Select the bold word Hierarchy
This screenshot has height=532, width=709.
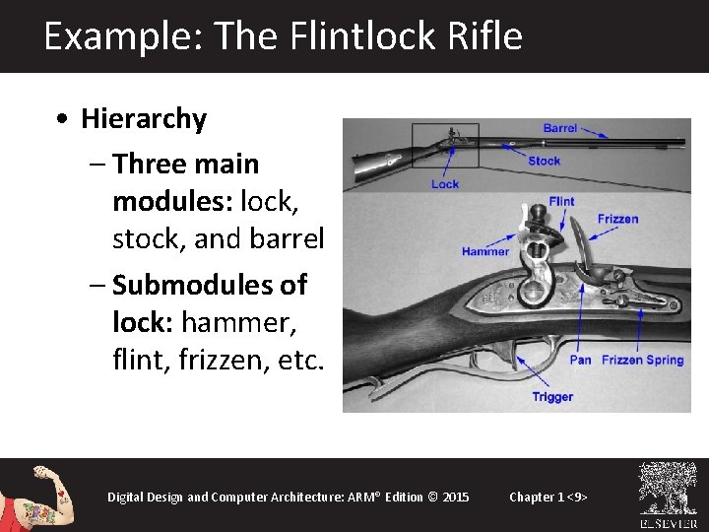(144, 119)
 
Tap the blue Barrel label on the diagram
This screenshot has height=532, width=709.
(560, 128)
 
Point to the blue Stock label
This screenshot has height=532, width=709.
(544, 161)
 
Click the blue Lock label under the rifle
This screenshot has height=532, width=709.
(445, 183)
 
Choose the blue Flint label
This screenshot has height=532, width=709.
(561, 202)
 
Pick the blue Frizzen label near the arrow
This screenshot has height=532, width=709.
(617, 219)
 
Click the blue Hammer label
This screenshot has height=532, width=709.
(485, 251)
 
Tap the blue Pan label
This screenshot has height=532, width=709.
(581, 360)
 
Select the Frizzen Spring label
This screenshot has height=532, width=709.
(642, 360)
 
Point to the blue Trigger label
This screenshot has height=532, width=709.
(552, 397)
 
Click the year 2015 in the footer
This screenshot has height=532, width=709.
(456, 497)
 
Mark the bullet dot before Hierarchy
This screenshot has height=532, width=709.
(63, 120)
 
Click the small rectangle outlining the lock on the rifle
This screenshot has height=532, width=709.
(444, 145)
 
